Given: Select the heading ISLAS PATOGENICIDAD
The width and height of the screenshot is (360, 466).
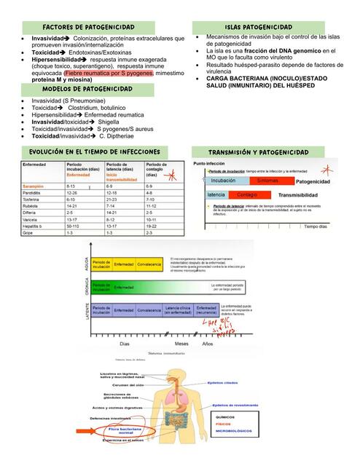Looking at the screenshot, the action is pos(259,27).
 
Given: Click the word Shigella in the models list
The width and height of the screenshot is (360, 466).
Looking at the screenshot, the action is pos(112,122).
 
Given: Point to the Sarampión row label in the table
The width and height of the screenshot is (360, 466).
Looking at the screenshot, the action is pos(36,186).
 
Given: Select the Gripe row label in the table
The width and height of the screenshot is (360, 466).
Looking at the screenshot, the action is pos(30,233).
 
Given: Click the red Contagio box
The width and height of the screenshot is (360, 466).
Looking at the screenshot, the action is pos(247,195).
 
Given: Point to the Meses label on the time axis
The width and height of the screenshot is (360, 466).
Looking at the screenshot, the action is pos(181,343).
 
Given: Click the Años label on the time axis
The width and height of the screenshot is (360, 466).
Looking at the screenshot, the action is pos(208,343).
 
